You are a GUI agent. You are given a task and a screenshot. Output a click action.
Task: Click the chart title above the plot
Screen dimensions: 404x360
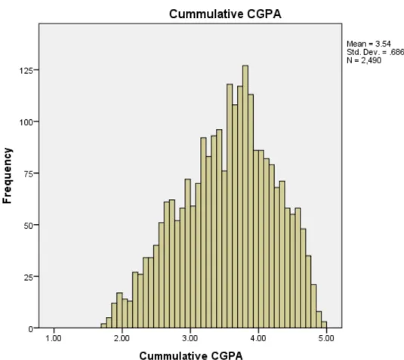click(x=225, y=14)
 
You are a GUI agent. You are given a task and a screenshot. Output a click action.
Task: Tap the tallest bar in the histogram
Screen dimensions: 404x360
click(x=245, y=196)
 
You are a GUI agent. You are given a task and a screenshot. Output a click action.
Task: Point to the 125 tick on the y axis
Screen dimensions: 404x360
click(x=26, y=70)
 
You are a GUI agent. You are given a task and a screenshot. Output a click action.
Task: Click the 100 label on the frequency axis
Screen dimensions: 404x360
click(x=26, y=122)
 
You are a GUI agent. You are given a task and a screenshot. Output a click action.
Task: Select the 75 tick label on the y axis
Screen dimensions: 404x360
click(x=28, y=174)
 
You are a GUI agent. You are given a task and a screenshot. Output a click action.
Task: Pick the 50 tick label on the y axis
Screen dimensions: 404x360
click(x=28, y=226)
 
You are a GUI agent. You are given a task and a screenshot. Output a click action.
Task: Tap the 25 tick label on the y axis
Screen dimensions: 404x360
click(x=28, y=277)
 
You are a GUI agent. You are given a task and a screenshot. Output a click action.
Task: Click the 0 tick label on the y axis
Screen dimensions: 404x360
click(x=31, y=329)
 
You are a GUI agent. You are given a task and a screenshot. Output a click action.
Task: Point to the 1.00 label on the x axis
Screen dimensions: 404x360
click(x=54, y=338)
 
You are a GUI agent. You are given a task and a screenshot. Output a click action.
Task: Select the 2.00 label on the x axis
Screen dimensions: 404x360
click(x=122, y=338)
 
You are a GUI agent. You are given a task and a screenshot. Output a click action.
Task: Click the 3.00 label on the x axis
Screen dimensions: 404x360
click(x=190, y=338)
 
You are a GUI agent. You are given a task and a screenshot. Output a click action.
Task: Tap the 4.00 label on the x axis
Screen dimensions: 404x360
click(x=258, y=338)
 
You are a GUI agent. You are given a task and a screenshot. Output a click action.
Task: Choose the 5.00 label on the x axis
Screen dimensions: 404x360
click(x=326, y=338)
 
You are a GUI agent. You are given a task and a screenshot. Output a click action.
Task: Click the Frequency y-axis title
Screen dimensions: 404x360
click(x=8, y=176)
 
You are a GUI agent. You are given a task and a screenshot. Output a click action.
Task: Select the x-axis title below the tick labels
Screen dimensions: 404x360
click(x=191, y=355)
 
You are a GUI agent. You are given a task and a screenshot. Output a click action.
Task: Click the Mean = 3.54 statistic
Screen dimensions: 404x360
click(x=369, y=44)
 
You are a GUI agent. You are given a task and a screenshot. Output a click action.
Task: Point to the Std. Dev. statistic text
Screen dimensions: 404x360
click(x=375, y=52)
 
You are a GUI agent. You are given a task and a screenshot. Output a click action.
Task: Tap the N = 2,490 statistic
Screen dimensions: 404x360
click(x=364, y=60)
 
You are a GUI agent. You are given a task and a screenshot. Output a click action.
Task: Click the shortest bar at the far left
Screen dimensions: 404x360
click(x=103, y=326)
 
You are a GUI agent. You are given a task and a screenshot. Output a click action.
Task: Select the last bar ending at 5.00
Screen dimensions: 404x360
click(x=324, y=325)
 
